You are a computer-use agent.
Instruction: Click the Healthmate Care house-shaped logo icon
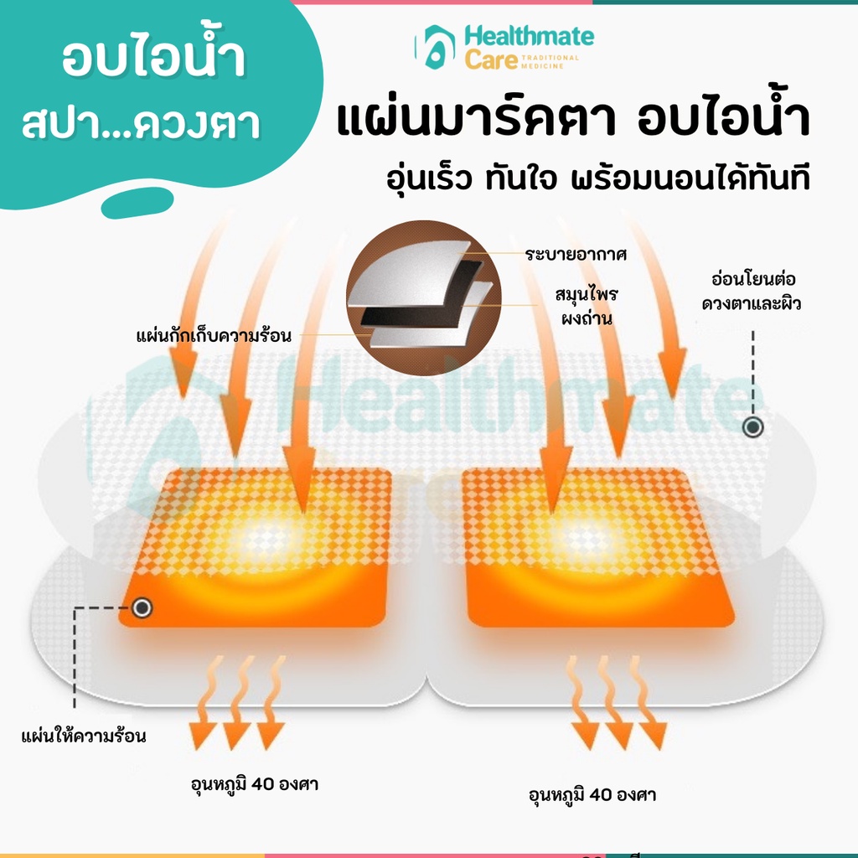(x=435, y=47)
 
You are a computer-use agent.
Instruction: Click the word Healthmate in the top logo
(x=530, y=37)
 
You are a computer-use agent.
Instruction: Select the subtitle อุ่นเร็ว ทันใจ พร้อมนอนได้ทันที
(x=598, y=179)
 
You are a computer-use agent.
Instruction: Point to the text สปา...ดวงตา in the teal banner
(x=141, y=123)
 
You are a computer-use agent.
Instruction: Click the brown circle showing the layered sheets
(x=424, y=297)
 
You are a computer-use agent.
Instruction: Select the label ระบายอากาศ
(x=576, y=255)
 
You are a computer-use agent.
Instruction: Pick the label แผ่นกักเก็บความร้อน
(x=214, y=335)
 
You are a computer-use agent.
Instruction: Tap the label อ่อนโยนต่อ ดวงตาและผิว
(x=752, y=291)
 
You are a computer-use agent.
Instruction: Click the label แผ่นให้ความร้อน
(x=84, y=737)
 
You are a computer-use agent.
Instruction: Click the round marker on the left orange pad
(x=142, y=608)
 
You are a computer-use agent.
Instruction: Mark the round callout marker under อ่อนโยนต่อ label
(x=753, y=426)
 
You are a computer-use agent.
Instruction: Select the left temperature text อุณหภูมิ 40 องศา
(x=255, y=784)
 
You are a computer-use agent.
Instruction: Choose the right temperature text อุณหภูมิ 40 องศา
(x=592, y=794)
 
